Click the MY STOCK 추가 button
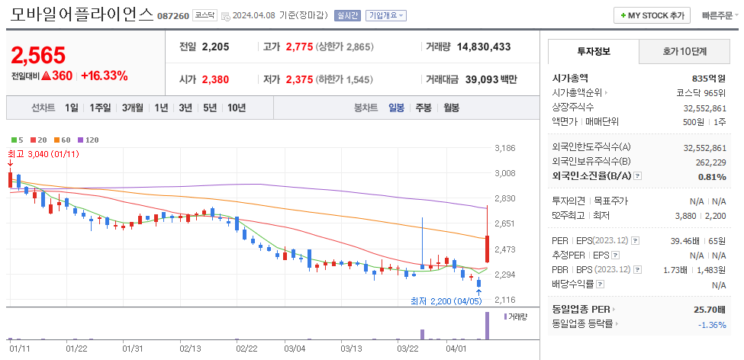[x=652, y=15]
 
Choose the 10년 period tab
[x=237, y=108]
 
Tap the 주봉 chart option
[x=424, y=108]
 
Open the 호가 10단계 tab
[x=684, y=52]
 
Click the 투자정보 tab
[x=594, y=52]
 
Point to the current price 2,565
[x=38, y=55]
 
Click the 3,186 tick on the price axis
[x=505, y=148]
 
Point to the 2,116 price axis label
[x=505, y=300]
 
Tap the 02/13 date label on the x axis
[x=190, y=349]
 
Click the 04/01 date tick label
[x=456, y=349]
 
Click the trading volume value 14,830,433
[x=484, y=47]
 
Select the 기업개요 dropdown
[x=386, y=15]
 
